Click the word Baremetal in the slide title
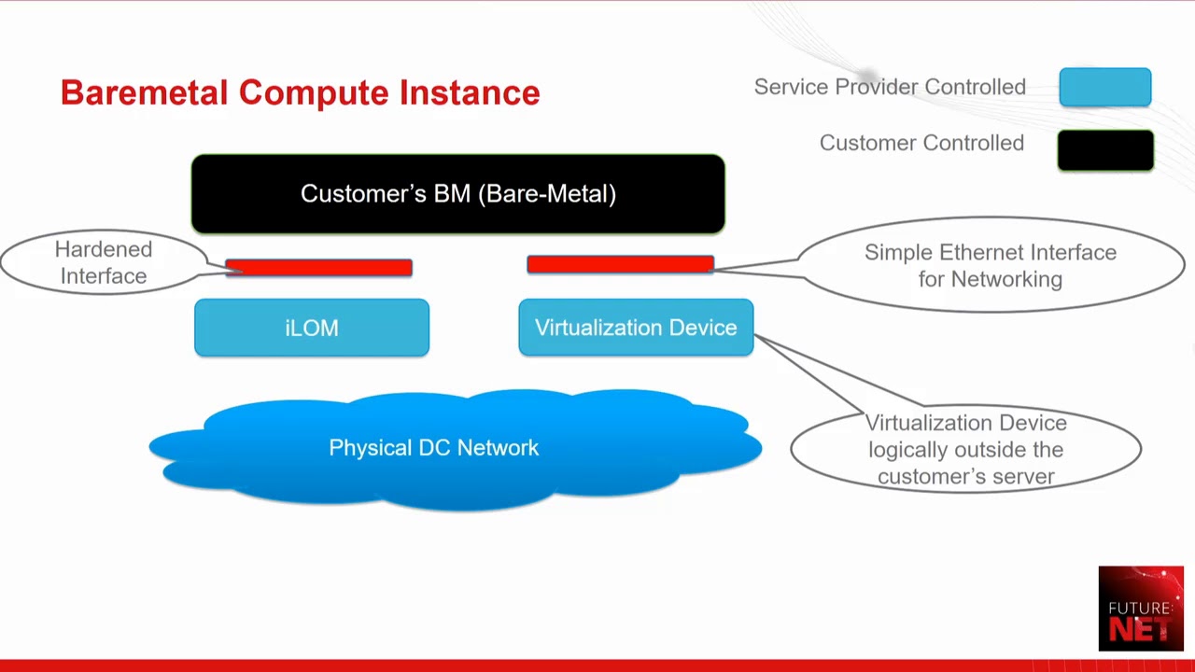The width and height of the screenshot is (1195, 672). pyautogui.click(x=144, y=92)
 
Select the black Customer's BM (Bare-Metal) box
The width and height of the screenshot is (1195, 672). pyautogui.click(x=457, y=193)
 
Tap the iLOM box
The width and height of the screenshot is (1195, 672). pyautogui.click(x=312, y=328)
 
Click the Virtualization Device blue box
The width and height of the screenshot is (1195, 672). pyautogui.click(x=636, y=328)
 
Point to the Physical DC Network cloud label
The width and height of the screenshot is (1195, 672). pyautogui.click(x=434, y=448)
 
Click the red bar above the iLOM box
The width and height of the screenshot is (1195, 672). pyautogui.click(x=318, y=268)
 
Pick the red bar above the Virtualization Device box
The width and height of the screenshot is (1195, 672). pyautogui.click(x=620, y=265)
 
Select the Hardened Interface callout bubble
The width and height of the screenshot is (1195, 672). pyautogui.click(x=103, y=262)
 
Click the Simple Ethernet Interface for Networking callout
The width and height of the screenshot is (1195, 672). pyautogui.click(x=991, y=265)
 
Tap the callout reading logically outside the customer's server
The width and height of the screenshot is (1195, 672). pyautogui.click(x=965, y=450)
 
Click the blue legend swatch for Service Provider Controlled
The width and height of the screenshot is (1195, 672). pyautogui.click(x=1105, y=87)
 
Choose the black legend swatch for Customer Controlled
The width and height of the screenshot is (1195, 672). pyautogui.click(x=1105, y=150)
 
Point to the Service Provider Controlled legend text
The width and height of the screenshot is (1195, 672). pyautogui.click(x=890, y=87)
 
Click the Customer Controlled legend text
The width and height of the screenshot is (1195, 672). pyautogui.click(x=921, y=143)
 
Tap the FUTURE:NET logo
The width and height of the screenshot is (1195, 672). pyautogui.click(x=1141, y=609)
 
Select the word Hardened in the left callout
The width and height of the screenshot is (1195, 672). pyautogui.click(x=103, y=249)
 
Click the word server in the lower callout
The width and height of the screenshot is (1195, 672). pyautogui.click(x=1022, y=476)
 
